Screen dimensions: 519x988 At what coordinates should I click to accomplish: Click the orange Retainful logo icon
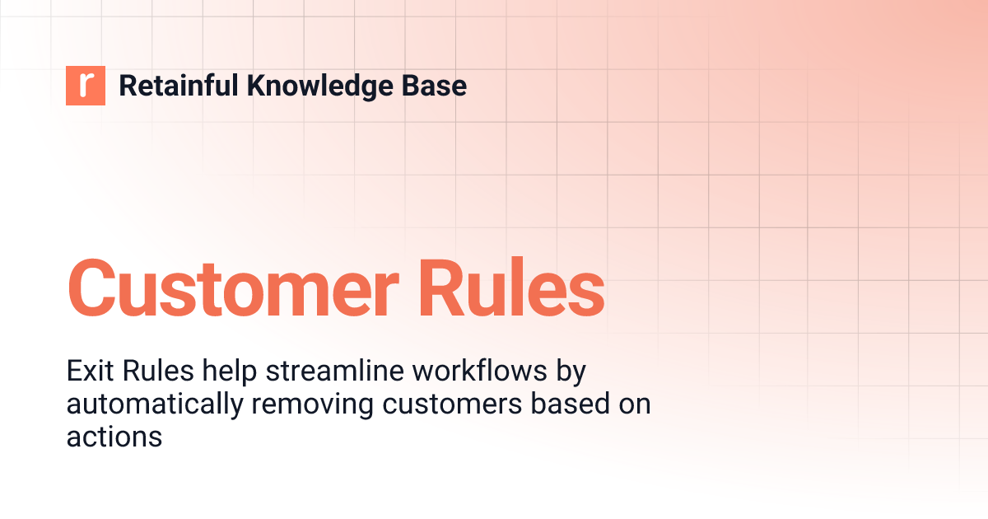pos(86,86)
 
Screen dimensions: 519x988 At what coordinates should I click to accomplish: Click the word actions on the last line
pos(114,437)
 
